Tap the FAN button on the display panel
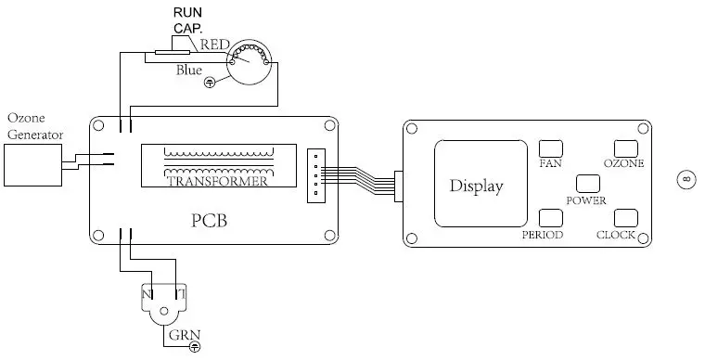click(552, 148)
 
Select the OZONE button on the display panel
click(624, 148)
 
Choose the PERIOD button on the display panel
click(551, 218)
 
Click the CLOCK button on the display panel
click(625, 218)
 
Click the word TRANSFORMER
click(218, 182)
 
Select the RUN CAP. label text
click(189, 21)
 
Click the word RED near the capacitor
click(214, 44)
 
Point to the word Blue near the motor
click(190, 69)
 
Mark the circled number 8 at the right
click(686, 179)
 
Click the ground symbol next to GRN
click(195, 348)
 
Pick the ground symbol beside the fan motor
click(210, 83)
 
